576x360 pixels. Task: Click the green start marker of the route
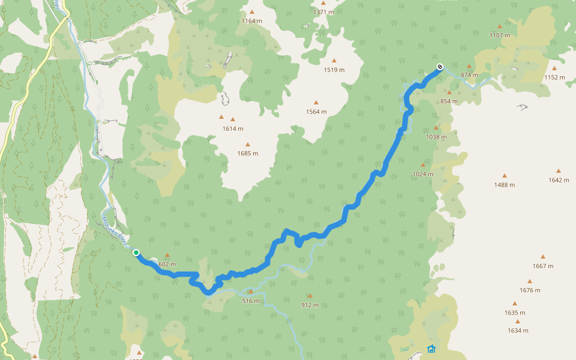(136, 253)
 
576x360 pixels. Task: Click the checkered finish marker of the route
(440, 67)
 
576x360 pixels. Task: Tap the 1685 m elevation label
(247, 153)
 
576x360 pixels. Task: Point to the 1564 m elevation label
(316, 112)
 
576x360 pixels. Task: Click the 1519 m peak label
(334, 70)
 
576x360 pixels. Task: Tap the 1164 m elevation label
(252, 21)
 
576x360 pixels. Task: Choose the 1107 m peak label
(499, 35)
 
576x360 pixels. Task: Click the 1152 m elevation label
(554, 77)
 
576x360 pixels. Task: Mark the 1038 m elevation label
(436, 137)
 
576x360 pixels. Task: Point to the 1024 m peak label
(422, 174)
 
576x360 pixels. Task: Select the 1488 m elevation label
(505, 185)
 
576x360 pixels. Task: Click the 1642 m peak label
(559, 180)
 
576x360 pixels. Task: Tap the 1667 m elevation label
(542, 266)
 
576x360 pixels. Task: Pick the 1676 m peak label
(530, 290)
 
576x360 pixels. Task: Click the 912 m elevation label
(310, 305)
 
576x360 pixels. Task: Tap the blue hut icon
(431, 349)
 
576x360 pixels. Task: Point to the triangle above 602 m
(167, 256)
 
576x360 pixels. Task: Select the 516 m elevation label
(251, 301)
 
